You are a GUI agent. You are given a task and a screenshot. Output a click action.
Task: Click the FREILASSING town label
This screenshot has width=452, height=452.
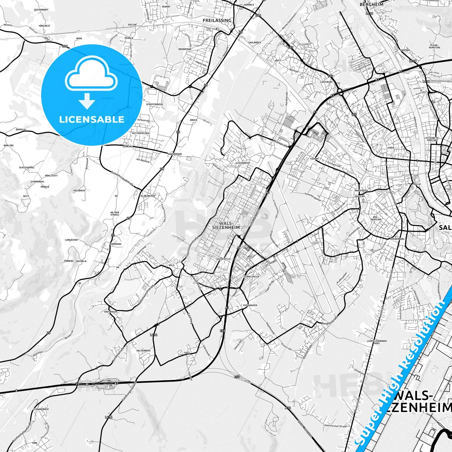point(217,20)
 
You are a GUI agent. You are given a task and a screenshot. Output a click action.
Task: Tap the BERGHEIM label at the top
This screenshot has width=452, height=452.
point(371,4)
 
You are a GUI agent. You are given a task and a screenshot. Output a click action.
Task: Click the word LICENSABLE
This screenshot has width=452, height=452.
point(92,119)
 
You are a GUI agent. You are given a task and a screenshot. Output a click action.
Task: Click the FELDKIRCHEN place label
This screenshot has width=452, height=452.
point(147,196)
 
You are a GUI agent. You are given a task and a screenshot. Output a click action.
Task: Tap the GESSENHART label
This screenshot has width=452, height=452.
point(41,10)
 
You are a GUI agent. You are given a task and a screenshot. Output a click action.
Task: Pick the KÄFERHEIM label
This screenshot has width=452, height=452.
point(111,312)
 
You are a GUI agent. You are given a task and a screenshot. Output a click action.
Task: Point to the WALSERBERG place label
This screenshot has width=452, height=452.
point(144,351)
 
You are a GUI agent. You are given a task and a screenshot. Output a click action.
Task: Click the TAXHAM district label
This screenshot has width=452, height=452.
point(314,159)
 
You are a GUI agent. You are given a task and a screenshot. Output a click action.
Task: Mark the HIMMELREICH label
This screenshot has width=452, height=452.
point(251,277)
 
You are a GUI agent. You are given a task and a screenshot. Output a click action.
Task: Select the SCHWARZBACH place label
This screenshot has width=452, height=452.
point(41,409)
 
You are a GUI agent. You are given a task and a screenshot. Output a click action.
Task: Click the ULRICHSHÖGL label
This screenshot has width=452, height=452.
point(27,168)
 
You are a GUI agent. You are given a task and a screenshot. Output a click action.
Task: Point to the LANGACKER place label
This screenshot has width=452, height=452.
point(71,240)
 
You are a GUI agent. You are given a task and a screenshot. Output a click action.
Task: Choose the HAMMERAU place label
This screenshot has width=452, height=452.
point(116,244)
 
